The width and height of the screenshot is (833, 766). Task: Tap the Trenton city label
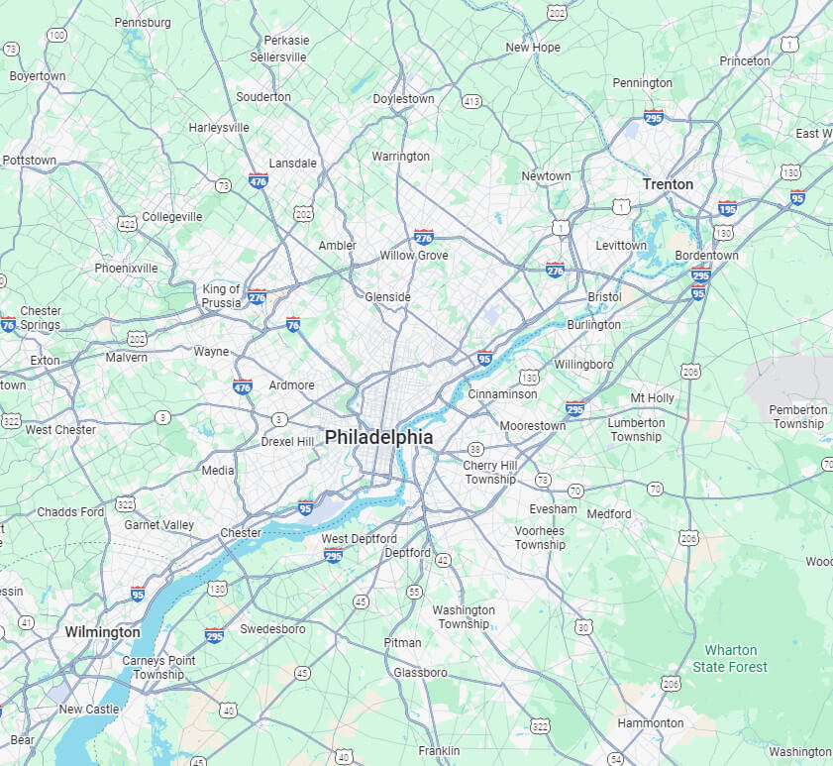[x=668, y=184]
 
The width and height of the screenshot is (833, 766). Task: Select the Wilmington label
[x=102, y=632]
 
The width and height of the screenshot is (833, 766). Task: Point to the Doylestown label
[x=403, y=99]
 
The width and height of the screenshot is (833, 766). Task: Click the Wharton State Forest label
[x=730, y=659]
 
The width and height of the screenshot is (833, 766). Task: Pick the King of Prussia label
[x=221, y=296]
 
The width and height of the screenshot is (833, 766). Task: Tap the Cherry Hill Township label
[x=489, y=473]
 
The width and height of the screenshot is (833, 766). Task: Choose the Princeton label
[x=745, y=61]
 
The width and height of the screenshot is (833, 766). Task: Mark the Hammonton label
[x=650, y=723]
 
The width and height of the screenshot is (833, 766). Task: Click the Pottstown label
[x=29, y=160]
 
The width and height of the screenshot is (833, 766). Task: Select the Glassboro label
[x=421, y=673]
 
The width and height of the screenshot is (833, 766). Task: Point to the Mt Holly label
[x=652, y=398]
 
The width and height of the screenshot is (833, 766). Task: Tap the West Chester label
[x=60, y=430]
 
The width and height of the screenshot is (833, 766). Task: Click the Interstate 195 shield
[x=727, y=208]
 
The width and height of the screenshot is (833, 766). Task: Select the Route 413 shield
[x=471, y=101]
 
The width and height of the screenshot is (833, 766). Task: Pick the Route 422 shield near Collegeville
[x=126, y=224]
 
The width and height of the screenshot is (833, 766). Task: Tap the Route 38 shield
[x=475, y=449]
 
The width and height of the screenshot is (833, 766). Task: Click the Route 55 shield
[x=414, y=592]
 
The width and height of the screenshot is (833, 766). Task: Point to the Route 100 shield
[x=56, y=36]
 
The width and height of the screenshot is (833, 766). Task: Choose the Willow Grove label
[x=414, y=256]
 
